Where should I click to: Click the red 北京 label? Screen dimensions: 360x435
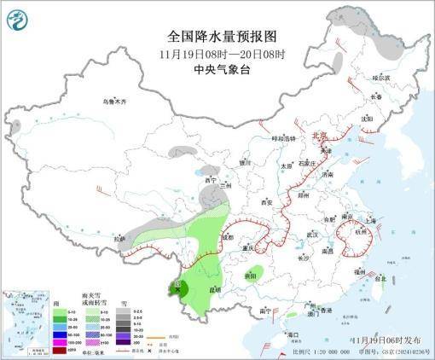tap(318, 135)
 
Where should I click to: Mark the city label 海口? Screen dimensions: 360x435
tap(293, 334)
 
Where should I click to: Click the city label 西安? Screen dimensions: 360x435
tap(265, 203)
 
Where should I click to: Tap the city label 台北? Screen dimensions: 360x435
tap(380, 278)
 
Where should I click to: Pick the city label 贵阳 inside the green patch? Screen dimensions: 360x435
tap(249, 276)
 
